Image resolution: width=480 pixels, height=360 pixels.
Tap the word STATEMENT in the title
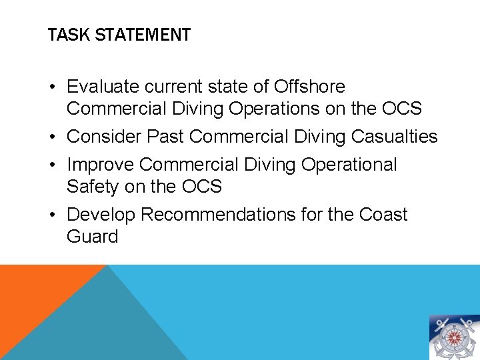tap(143, 35)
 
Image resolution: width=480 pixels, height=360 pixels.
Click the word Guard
tap(92, 237)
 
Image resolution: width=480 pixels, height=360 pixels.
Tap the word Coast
tap(383, 215)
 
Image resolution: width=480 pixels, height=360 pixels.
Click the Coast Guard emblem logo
tap(454, 337)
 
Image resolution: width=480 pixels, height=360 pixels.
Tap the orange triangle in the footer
tap(33, 300)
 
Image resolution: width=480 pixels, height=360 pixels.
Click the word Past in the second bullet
tap(166, 137)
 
